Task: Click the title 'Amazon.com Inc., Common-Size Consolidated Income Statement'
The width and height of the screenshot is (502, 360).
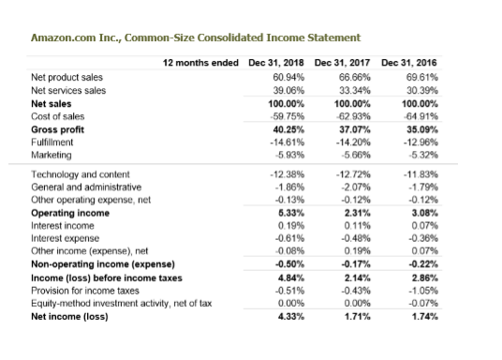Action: coord(195,37)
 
